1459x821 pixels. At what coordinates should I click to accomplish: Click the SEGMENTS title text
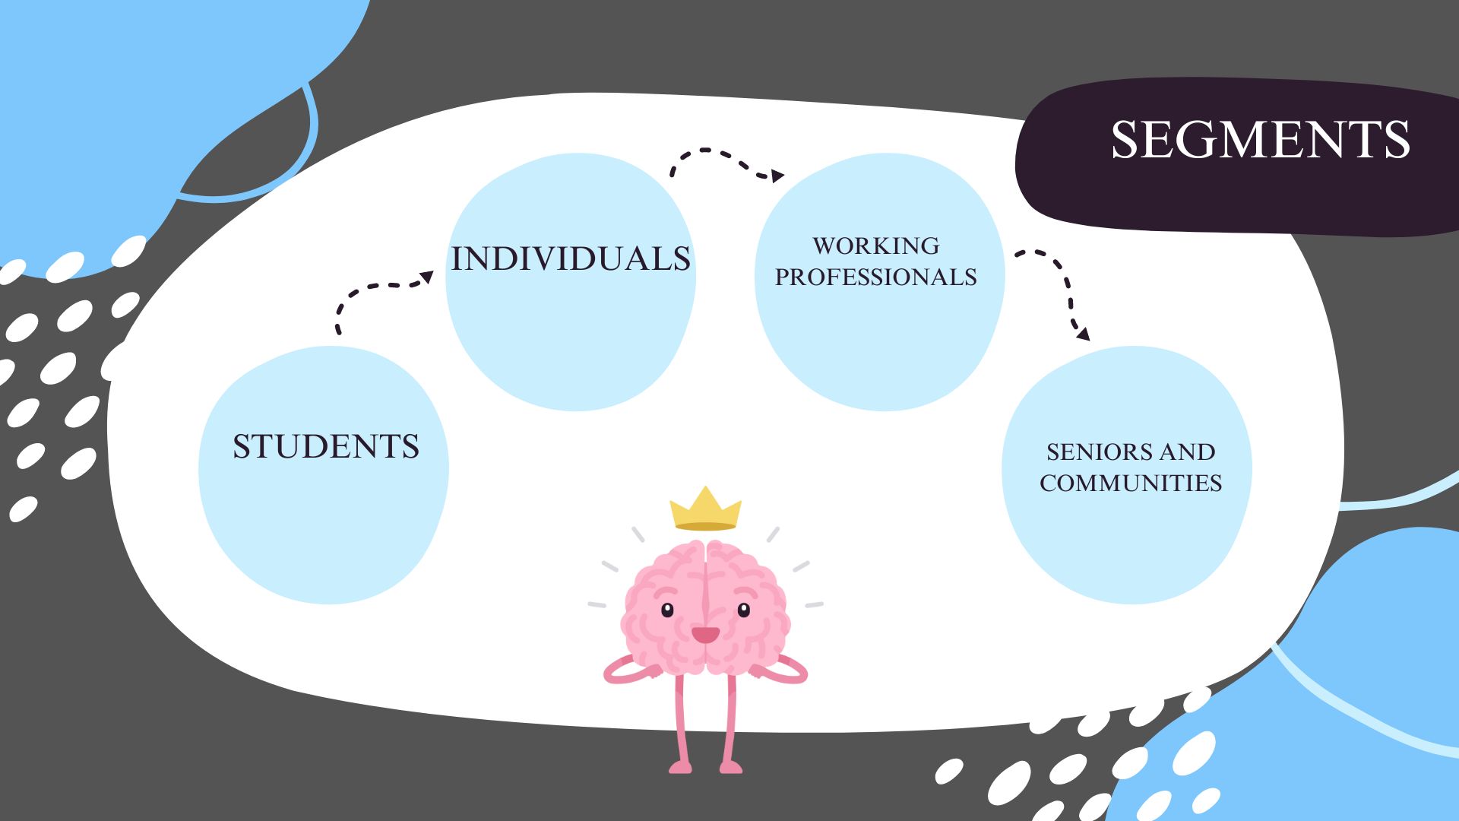click(1260, 140)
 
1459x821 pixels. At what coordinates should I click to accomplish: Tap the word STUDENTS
click(326, 446)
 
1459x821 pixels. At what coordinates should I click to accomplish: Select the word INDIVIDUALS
click(571, 258)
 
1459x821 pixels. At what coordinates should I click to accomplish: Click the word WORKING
click(876, 246)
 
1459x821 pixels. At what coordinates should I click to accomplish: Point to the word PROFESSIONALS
click(876, 277)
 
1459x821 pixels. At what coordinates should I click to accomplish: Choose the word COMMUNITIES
click(1131, 483)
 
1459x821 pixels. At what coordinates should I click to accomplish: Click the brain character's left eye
click(667, 610)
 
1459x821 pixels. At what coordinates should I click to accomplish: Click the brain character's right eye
click(743, 610)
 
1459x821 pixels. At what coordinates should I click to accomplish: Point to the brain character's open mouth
click(705, 635)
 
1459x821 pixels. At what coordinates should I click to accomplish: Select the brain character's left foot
click(681, 767)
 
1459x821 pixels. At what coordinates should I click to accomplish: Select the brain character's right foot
click(731, 767)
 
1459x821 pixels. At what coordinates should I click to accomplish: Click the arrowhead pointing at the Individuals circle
click(427, 278)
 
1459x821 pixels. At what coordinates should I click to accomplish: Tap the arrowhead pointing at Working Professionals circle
click(777, 176)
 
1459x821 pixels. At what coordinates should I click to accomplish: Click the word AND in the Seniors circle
click(1187, 452)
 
